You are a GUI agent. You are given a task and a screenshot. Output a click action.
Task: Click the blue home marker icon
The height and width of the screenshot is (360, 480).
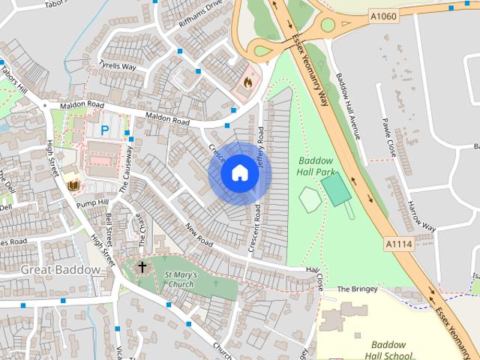[239, 173]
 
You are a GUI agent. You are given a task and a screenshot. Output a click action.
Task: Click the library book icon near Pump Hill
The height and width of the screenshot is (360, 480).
[73, 184]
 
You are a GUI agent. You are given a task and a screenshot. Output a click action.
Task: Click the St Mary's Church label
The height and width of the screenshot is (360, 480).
[180, 280]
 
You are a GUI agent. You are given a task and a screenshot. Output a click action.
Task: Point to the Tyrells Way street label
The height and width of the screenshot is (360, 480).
[117, 67]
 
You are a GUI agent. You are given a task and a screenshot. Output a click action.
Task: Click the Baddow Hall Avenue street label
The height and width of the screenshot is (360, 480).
[348, 106]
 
